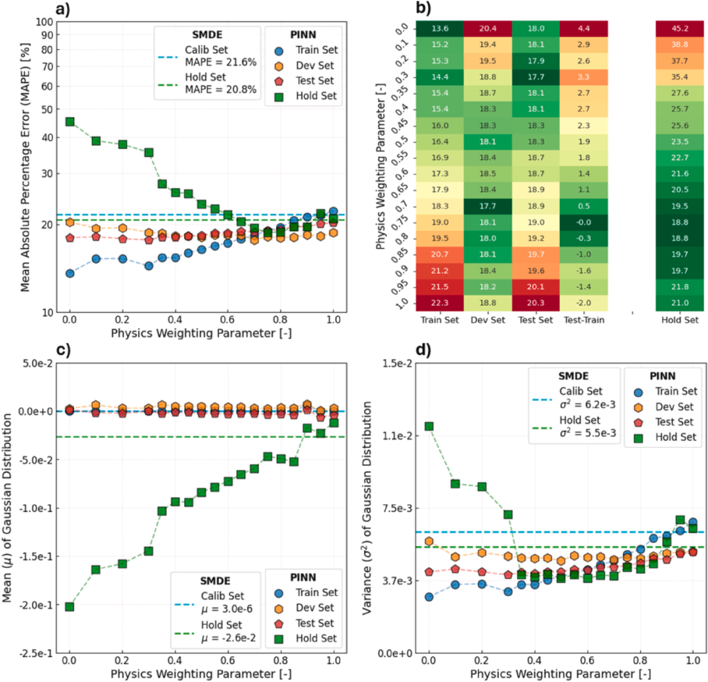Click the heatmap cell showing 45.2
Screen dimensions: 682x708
pyautogui.click(x=679, y=28)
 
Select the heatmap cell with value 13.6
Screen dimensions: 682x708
pyautogui.click(x=439, y=28)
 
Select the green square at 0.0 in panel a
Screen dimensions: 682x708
pyautogui.click(x=69, y=122)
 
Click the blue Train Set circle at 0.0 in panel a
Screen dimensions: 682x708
pyautogui.click(x=69, y=273)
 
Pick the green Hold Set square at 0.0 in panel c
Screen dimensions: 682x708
pyautogui.click(x=69, y=607)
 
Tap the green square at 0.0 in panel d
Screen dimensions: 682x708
pyautogui.click(x=429, y=426)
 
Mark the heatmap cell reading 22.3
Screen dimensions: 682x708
pyautogui.click(x=439, y=302)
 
